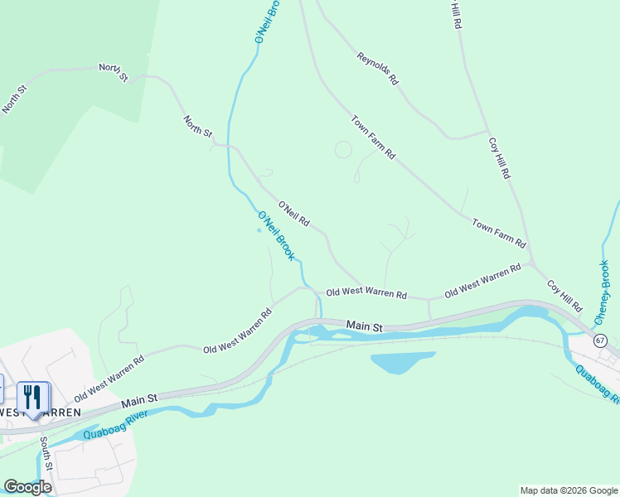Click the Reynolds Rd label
(x=378, y=70)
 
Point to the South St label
(x=47, y=455)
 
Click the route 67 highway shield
(x=599, y=340)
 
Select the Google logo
(x=27, y=486)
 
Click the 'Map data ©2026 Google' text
(x=568, y=490)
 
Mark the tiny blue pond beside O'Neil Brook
(x=259, y=231)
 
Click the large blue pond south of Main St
(x=401, y=362)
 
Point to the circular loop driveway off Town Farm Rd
(x=343, y=150)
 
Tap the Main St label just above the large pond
(x=364, y=326)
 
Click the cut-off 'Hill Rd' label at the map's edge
(x=456, y=16)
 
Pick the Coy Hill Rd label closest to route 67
(x=564, y=296)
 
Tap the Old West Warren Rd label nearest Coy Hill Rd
(x=482, y=282)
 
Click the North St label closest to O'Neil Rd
(x=197, y=127)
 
